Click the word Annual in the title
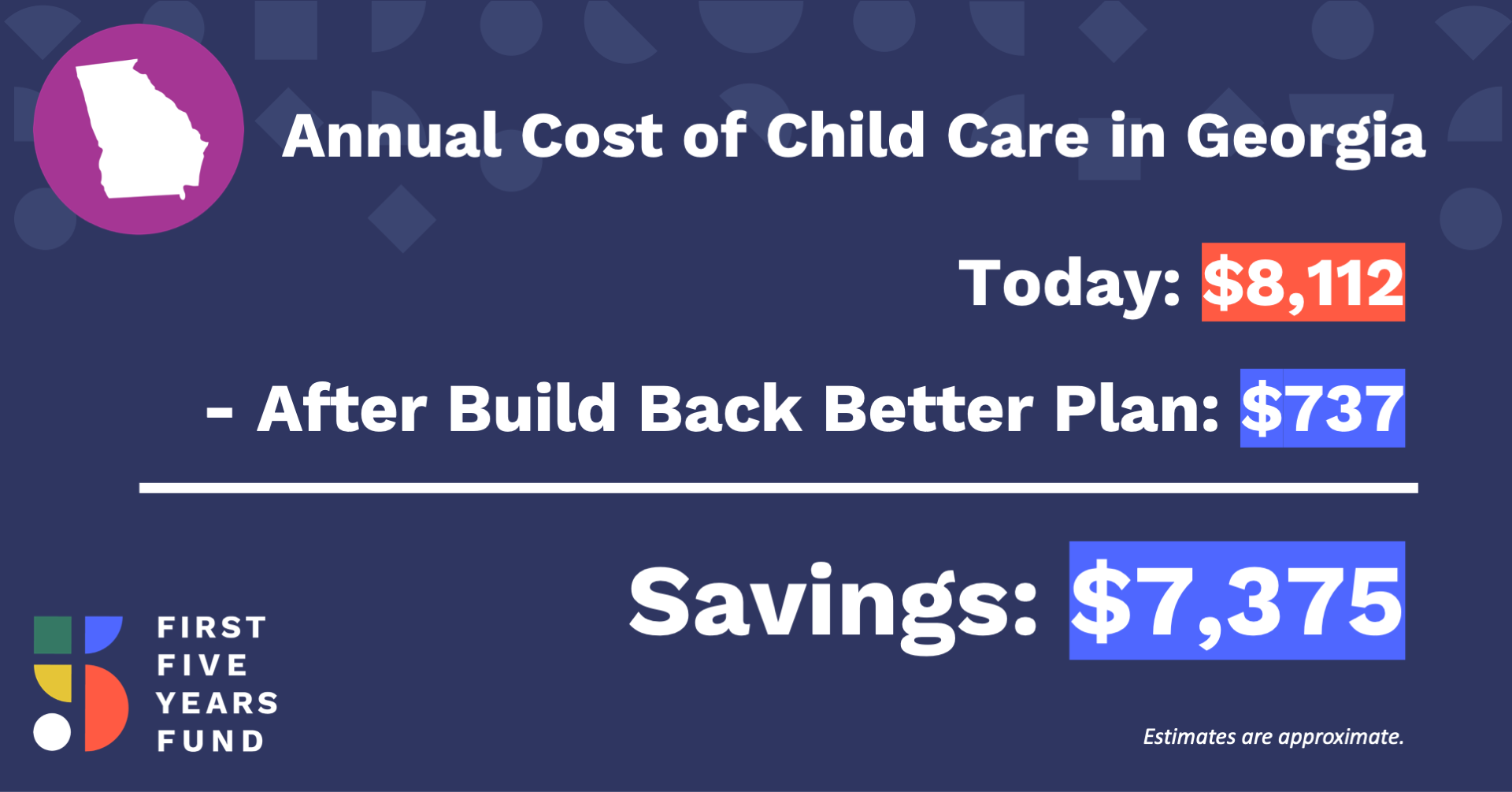point(391,136)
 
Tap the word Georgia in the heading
point(1306,139)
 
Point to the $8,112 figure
point(1303,282)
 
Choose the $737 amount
point(1322,408)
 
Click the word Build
point(532,408)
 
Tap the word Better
point(928,408)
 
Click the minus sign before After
point(219,413)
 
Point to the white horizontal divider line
point(779,488)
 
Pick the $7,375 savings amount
point(1236,601)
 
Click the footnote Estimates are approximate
point(1273,737)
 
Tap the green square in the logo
point(53,635)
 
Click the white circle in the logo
point(52,731)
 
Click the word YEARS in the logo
point(217,703)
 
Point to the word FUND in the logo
point(210,741)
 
